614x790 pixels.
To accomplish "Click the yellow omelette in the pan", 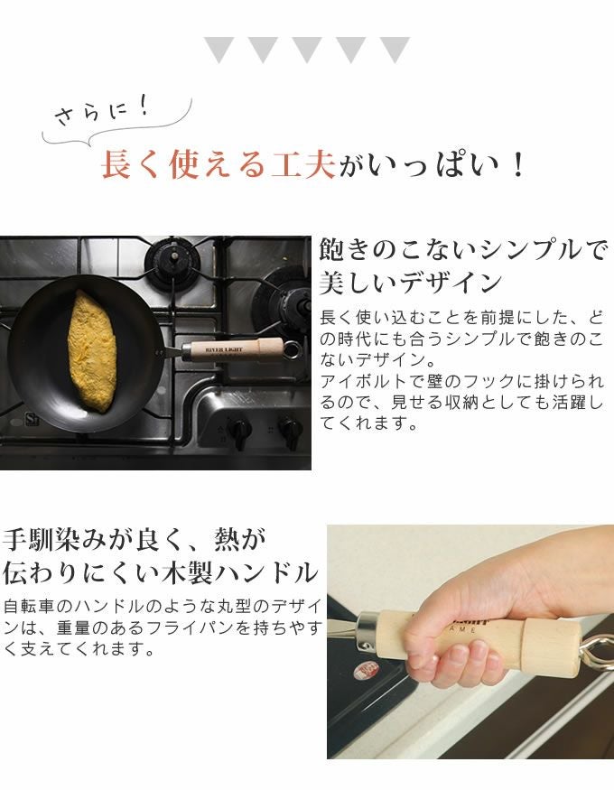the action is [x=93, y=352].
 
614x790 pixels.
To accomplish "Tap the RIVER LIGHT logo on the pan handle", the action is [x=224, y=349].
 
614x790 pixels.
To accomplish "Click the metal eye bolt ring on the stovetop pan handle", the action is [x=293, y=349].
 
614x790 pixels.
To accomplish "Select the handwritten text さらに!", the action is [x=102, y=111].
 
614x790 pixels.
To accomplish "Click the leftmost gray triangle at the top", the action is [x=219, y=50].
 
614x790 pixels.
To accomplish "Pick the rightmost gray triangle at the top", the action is [x=395, y=50].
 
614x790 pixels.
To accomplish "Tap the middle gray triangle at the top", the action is [x=307, y=50].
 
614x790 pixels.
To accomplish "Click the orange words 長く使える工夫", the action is [x=219, y=164].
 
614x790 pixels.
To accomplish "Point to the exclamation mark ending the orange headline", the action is [x=517, y=164].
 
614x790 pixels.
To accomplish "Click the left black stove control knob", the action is [x=238, y=431].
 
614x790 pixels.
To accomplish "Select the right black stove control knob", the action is [x=291, y=431].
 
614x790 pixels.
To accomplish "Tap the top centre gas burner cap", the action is [x=172, y=260].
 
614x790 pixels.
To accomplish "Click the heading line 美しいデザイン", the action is [x=411, y=283].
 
